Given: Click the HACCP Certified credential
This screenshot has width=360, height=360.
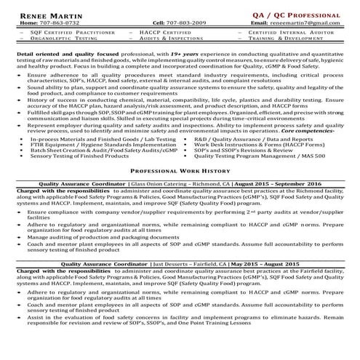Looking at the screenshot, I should [162, 33].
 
